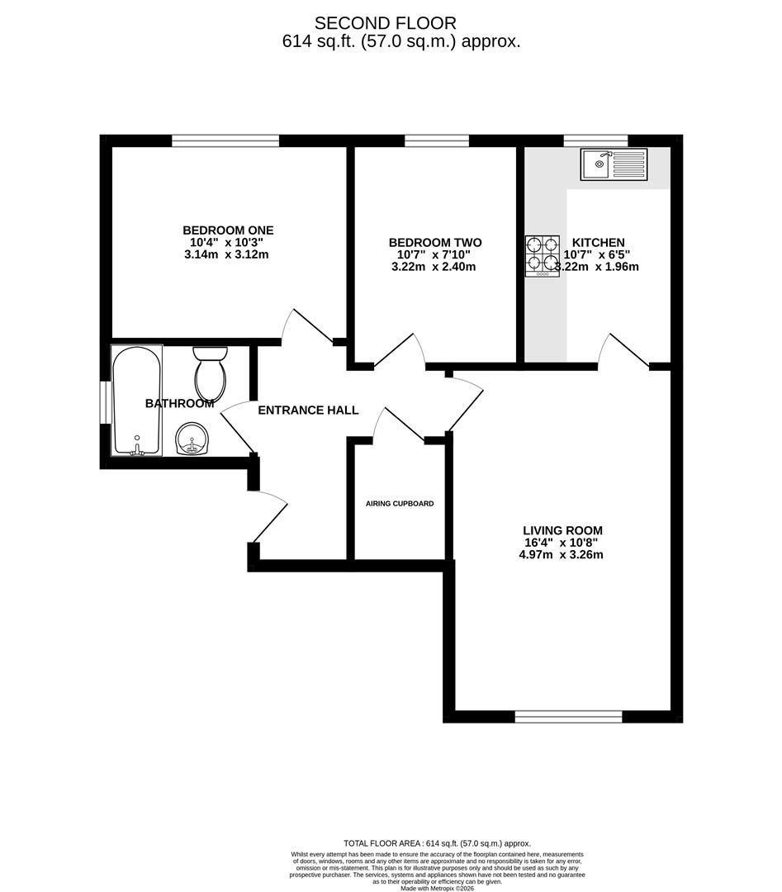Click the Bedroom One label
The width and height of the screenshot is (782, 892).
click(x=228, y=230)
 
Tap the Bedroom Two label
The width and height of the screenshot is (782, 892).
click(x=435, y=243)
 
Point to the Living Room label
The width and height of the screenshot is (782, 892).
click(x=562, y=530)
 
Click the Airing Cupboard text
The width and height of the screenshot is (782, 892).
click(x=400, y=504)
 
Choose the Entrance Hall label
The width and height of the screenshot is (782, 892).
click(x=308, y=410)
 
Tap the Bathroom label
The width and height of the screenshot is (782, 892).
click(x=179, y=404)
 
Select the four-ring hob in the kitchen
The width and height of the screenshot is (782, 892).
click(x=542, y=255)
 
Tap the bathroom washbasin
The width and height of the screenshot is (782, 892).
click(x=193, y=439)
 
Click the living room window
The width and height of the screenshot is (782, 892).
click(x=568, y=716)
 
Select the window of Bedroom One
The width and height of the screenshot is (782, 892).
click(x=225, y=140)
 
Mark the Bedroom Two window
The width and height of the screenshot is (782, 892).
click(x=437, y=140)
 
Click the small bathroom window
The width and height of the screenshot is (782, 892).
click(x=106, y=402)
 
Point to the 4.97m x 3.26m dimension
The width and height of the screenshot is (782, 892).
click(x=556, y=555)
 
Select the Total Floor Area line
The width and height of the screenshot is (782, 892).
click(x=437, y=843)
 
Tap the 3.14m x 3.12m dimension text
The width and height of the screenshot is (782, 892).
click(x=226, y=254)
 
